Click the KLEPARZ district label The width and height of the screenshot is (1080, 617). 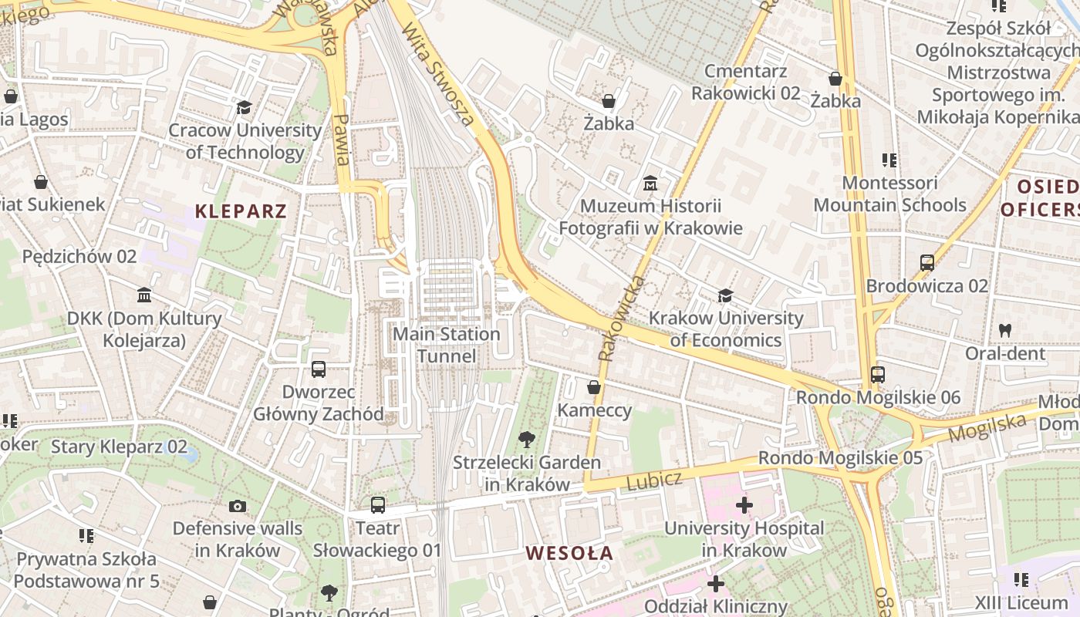(x=241, y=211)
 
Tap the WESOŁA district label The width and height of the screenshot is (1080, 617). (x=569, y=553)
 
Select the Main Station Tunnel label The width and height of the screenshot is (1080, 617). (x=447, y=345)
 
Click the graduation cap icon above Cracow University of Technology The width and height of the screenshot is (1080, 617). (x=245, y=107)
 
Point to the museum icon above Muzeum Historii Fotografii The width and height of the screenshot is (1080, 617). (x=650, y=184)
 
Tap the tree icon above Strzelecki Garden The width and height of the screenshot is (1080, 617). (x=527, y=440)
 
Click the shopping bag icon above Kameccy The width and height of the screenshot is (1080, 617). (x=594, y=387)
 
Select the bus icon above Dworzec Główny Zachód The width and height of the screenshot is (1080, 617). (x=319, y=369)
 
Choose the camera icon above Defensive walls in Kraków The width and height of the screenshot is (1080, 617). (x=238, y=506)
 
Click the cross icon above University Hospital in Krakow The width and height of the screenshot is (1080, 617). (x=744, y=506)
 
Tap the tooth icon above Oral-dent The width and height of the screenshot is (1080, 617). (x=1004, y=330)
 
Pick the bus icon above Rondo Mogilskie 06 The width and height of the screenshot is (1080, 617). (x=878, y=375)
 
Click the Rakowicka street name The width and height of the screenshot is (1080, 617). (x=620, y=319)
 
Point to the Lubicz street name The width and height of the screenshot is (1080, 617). (x=654, y=481)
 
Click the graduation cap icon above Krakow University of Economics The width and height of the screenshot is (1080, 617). (x=725, y=295)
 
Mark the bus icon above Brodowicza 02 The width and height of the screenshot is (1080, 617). (x=927, y=263)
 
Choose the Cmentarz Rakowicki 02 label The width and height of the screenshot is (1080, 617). (x=745, y=83)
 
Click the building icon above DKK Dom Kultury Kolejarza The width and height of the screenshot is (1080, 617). (x=144, y=295)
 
